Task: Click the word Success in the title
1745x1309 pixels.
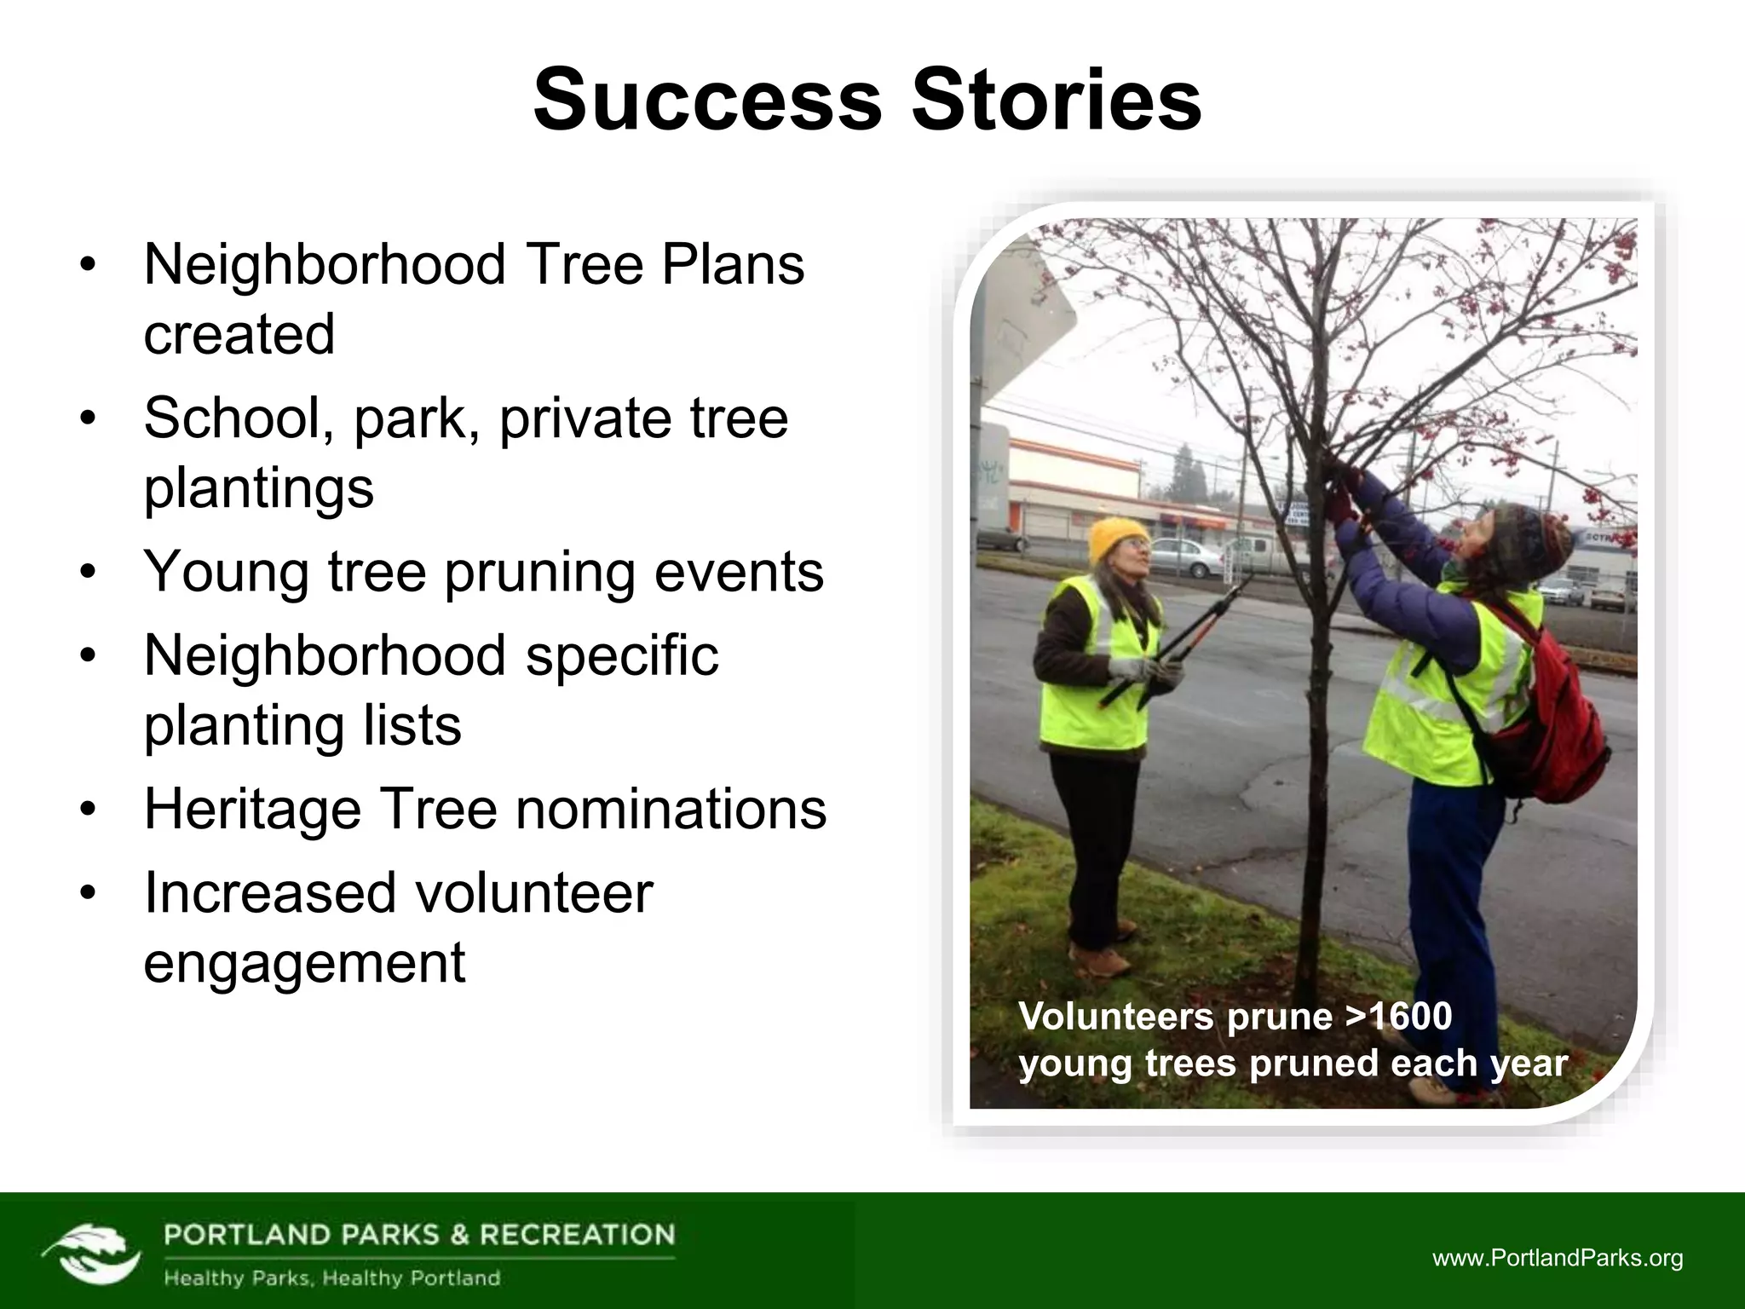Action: click(x=706, y=101)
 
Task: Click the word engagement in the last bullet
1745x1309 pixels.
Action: click(x=304, y=963)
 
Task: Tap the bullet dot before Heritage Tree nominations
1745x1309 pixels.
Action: click(x=88, y=810)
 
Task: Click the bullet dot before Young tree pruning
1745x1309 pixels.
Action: click(x=88, y=573)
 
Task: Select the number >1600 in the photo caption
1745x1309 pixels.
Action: click(x=1398, y=1016)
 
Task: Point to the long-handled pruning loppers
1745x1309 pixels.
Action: click(x=1176, y=639)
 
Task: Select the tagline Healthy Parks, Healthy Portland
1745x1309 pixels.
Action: click(x=331, y=1278)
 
